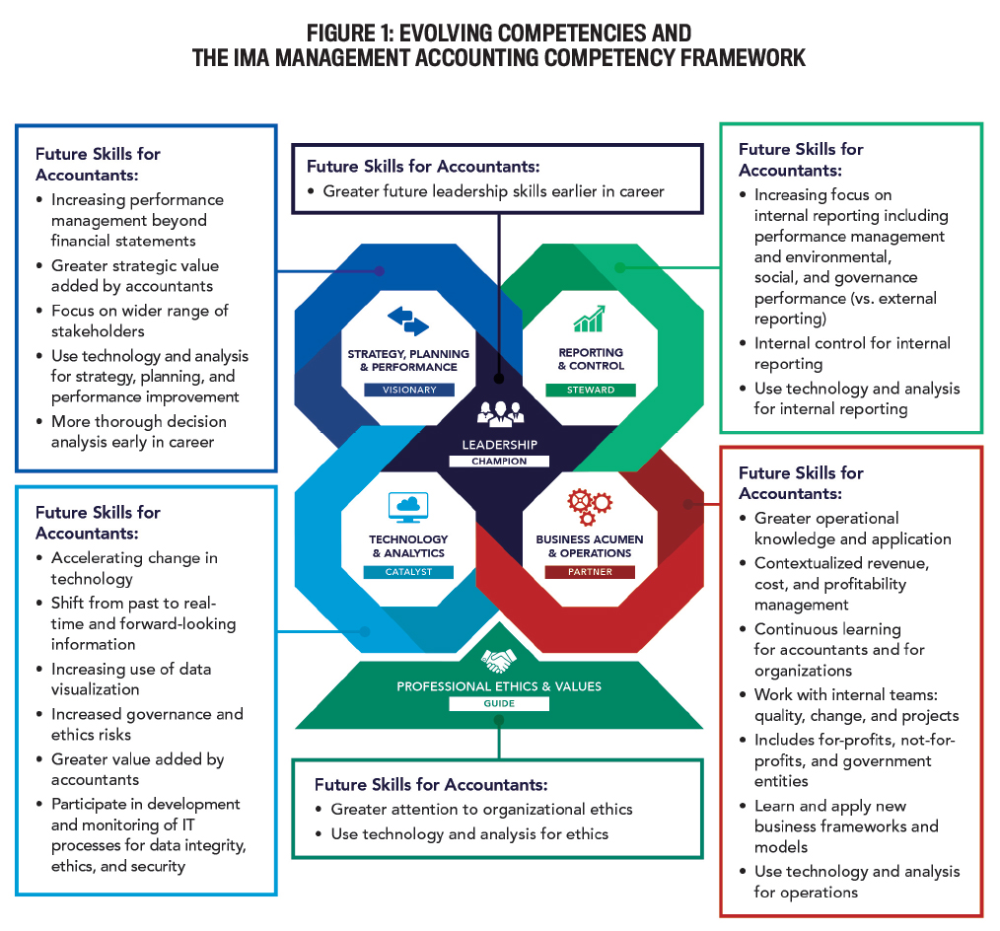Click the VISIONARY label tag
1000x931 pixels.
[x=409, y=390]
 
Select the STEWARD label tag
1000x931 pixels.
[x=591, y=390]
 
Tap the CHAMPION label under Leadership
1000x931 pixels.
[x=500, y=461]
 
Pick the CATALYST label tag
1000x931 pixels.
[x=408, y=572]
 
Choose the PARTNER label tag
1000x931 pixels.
[x=591, y=572]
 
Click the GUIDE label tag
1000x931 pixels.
[x=499, y=704]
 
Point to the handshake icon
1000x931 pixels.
[x=499, y=659]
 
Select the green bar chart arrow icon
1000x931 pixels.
[x=590, y=320]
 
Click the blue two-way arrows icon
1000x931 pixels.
[x=408, y=321]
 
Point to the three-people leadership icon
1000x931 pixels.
[x=500, y=413]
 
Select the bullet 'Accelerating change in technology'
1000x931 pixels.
[x=134, y=568]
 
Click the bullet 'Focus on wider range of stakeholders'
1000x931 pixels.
[x=139, y=321]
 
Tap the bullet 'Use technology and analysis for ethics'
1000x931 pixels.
[x=469, y=834]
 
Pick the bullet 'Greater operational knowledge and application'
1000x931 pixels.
[x=852, y=529]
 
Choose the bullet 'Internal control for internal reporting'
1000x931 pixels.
[x=852, y=353]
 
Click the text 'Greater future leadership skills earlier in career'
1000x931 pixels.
[x=493, y=191]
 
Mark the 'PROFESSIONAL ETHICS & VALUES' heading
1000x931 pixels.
[x=499, y=686]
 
